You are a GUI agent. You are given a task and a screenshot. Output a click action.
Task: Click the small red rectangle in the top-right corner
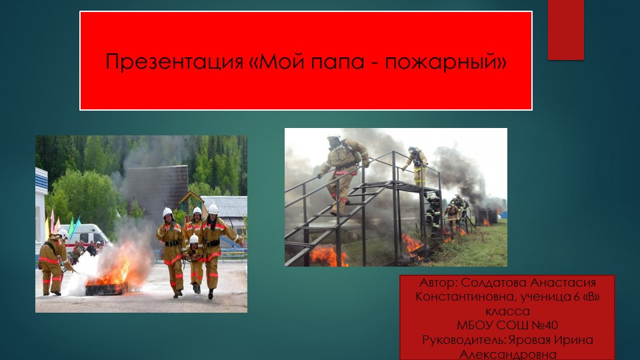click(x=565, y=29)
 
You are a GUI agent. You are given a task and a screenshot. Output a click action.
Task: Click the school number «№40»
click(x=543, y=326)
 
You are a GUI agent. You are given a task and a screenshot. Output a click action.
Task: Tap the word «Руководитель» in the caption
click(x=463, y=340)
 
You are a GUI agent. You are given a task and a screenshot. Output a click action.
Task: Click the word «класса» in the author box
click(x=507, y=311)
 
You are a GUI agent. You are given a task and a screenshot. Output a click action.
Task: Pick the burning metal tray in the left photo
click(x=105, y=288)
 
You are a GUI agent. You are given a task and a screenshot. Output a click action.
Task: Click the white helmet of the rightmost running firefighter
click(x=213, y=209)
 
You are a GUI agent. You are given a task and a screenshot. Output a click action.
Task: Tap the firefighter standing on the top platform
click(x=417, y=167)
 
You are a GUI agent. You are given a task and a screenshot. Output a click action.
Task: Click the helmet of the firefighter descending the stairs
click(x=333, y=141)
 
